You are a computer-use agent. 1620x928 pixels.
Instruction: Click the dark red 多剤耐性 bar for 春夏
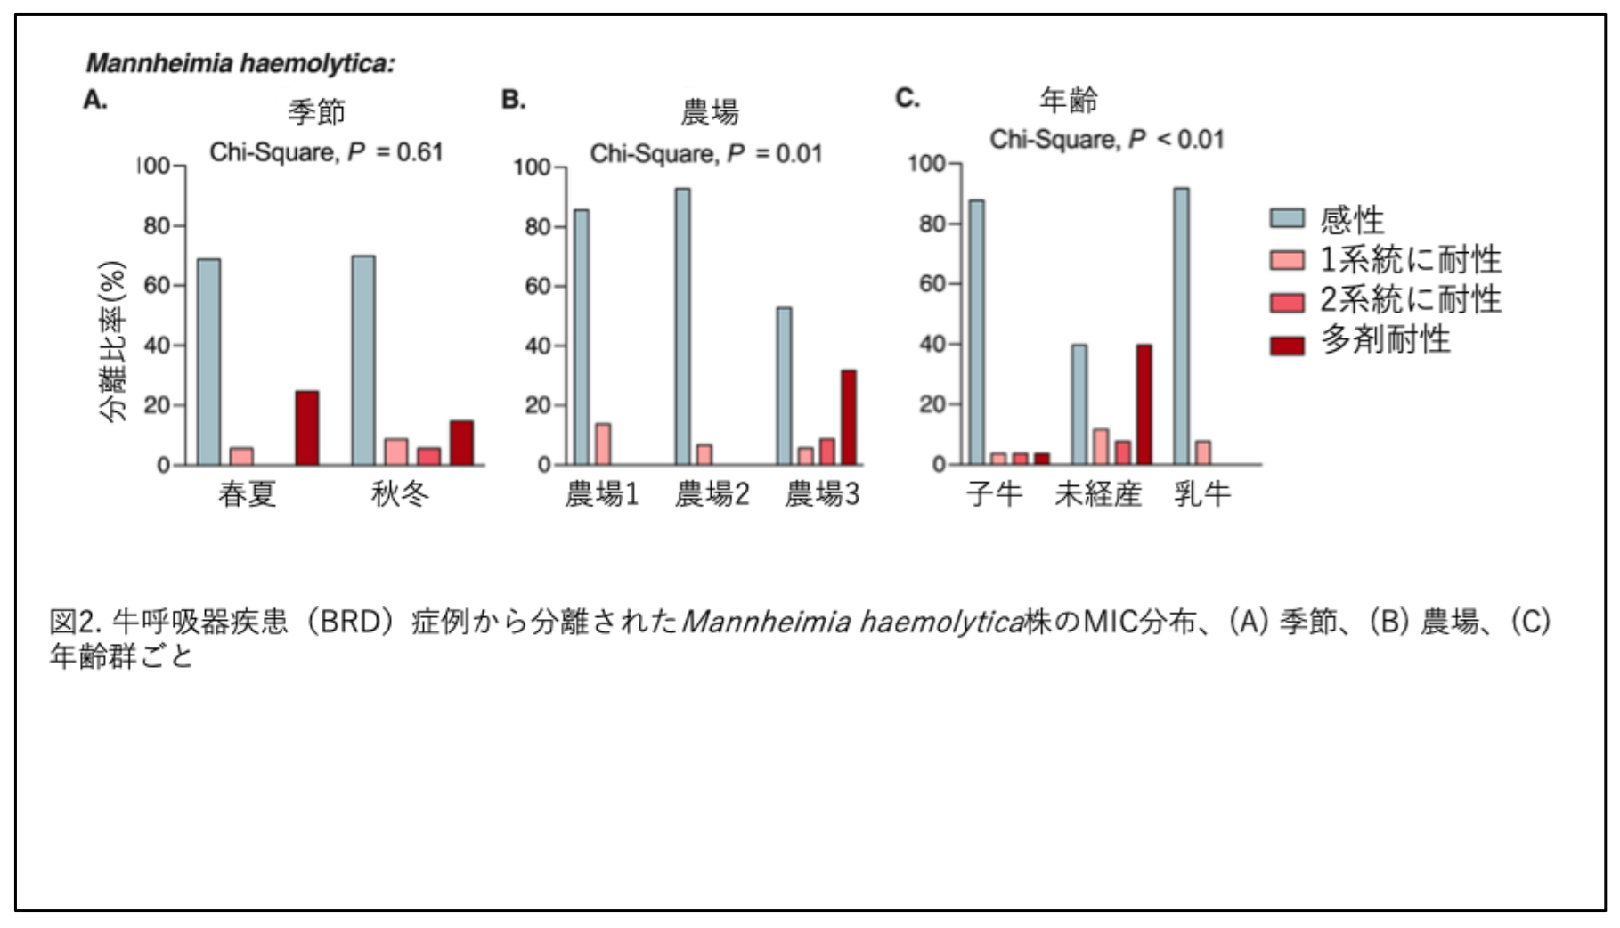click(x=307, y=428)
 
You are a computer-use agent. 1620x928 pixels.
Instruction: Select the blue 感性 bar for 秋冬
click(x=363, y=361)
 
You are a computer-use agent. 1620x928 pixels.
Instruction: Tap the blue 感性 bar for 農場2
click(x=682, y=327)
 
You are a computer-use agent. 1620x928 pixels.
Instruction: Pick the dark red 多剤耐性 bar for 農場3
click(x=849, y=418)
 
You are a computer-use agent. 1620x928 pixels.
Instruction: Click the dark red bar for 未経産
click(x=1144, y=405)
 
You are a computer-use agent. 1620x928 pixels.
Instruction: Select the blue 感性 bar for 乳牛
click(x=1181, y=327)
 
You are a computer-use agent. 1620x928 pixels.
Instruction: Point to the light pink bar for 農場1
click(x=603, y=444)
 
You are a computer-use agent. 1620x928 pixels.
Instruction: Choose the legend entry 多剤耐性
click(x=1385, y=340)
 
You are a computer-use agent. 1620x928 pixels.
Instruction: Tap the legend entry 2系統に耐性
click(x=1410, y=300)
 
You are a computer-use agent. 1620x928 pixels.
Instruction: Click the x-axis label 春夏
click(x=247, y=494)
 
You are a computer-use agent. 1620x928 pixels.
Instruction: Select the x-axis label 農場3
click(x=821, y=494)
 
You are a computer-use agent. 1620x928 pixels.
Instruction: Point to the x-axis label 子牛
click(x=995, y=494)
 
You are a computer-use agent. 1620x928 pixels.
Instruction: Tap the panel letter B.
click(x=513, y=100)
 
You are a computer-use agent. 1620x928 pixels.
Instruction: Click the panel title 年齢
click(x=1069, y=102)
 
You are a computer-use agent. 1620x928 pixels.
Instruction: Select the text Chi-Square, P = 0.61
click(x=326, y=153)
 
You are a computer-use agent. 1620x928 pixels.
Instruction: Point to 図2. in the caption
click(x=78, y=621)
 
